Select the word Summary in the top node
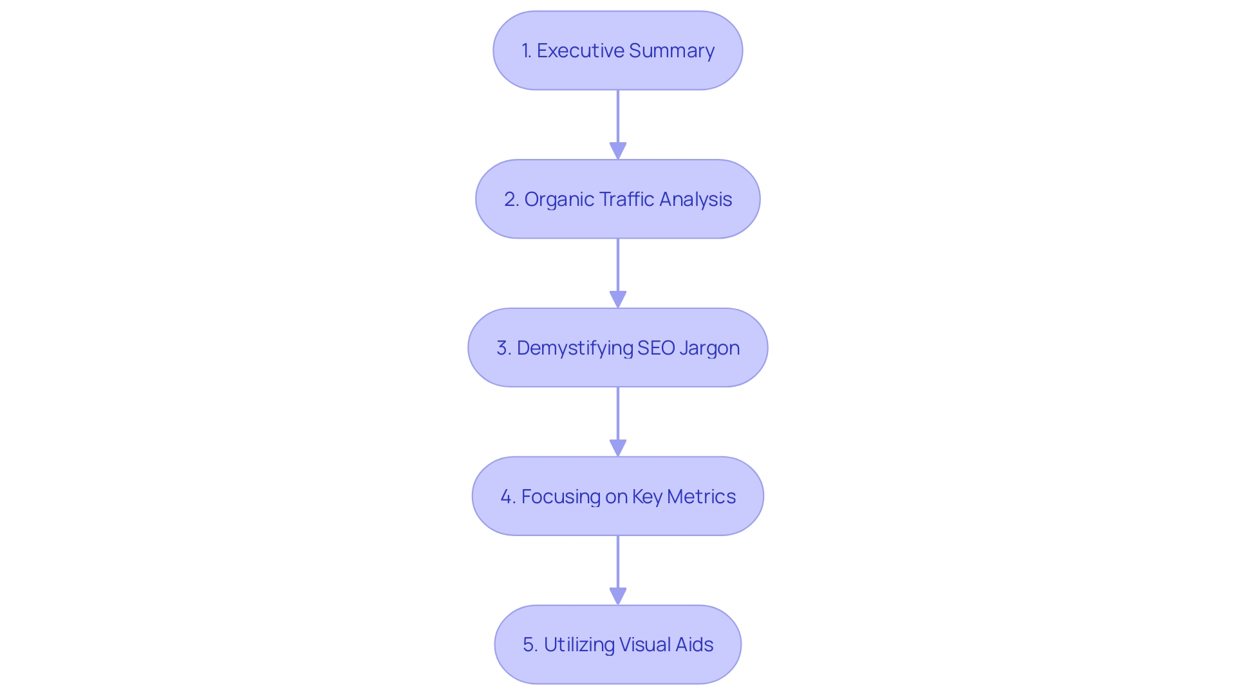[671, 51]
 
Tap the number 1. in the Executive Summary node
[527, 51]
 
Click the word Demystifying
[575, 348]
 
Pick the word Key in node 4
[647, 497]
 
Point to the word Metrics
[701, 497]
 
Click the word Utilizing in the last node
[579, 645]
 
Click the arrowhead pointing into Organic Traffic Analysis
[618, 151]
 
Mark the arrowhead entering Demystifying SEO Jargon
[618, 300]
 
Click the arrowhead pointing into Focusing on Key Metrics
[618, 449]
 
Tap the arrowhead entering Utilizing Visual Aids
[618, 597]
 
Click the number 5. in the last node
[530, 645]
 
